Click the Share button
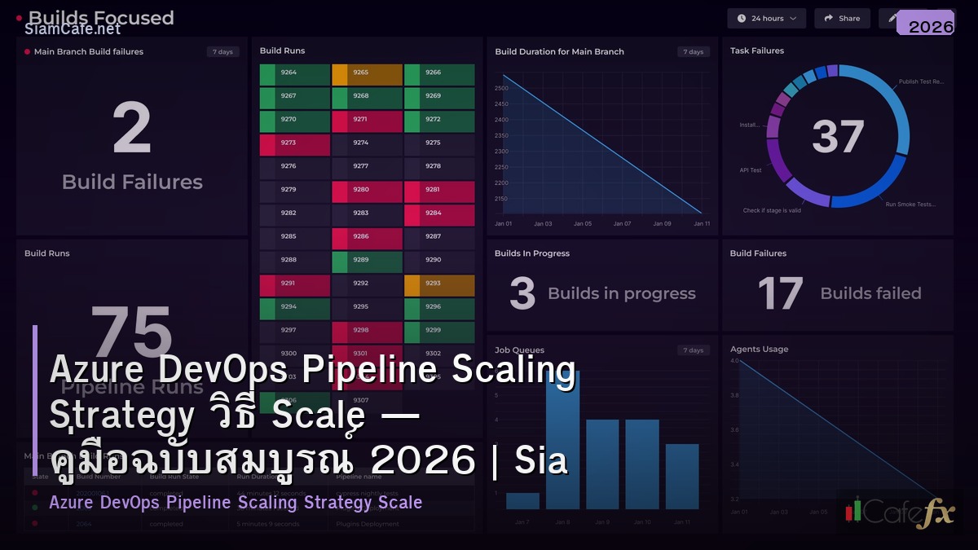click(842, 18)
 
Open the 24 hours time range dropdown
click(765, 18)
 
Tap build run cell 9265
click(367, 74)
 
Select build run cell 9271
click(367, 121)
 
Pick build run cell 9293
click(439, 285)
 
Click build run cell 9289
click(367, 262)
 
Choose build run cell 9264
click(295, 74)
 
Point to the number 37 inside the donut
click(838, 137)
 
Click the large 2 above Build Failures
click(132, 129)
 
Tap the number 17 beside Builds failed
click(780, 293)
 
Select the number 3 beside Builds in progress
click(522, 294)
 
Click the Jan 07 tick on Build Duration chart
click(622, 223)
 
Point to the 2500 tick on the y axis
click(501, 88)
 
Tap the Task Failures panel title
click(757, 51)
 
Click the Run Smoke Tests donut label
click(910, 205)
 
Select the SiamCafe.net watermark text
click(73, 29)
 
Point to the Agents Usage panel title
click(759, 350)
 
